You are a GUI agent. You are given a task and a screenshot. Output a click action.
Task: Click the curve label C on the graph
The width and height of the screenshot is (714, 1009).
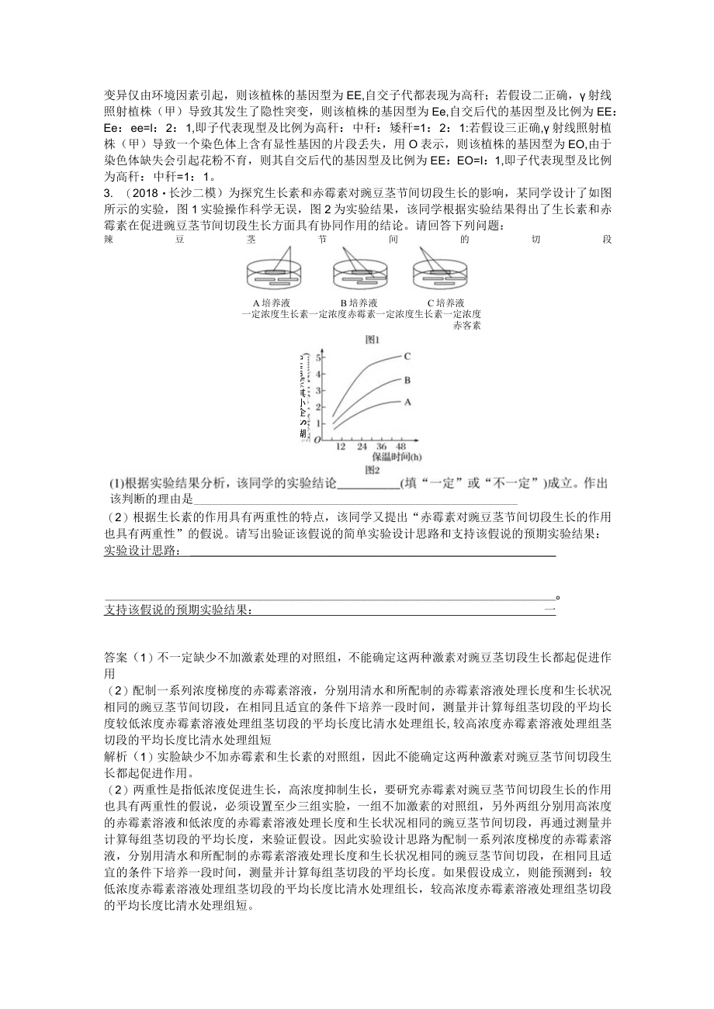406,356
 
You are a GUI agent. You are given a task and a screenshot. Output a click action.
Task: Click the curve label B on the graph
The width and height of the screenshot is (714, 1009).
406,380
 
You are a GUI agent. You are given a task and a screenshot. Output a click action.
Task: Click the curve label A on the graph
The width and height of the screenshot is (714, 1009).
406,402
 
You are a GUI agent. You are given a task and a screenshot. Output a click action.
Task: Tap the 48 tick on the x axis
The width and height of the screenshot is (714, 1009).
400,448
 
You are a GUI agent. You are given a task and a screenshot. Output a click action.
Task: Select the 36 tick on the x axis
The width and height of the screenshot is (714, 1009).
380,448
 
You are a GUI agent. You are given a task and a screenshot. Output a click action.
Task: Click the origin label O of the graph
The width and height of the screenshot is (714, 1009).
317,440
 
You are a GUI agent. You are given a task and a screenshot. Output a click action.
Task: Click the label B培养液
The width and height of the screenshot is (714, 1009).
359,302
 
